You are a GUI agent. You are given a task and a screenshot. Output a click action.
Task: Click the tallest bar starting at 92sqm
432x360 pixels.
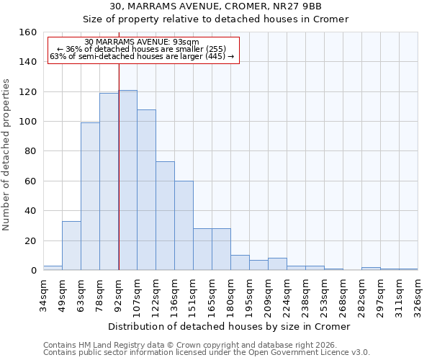[127, 180]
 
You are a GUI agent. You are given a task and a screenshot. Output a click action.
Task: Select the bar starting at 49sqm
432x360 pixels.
[71, 246]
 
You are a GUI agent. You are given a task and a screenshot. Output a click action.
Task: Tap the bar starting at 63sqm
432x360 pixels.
[90, 197]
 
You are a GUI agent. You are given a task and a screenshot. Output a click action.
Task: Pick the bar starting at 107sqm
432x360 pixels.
[146, 190]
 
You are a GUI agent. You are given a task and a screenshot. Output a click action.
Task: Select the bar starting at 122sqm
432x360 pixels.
[165, 216]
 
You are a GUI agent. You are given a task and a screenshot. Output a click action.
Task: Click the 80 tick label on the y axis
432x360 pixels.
[31, 151]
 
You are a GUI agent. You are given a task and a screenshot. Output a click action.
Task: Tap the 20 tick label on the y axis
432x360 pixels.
[31, 240]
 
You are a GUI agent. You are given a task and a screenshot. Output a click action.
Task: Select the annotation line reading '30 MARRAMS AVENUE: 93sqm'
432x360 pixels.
[141, 42]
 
